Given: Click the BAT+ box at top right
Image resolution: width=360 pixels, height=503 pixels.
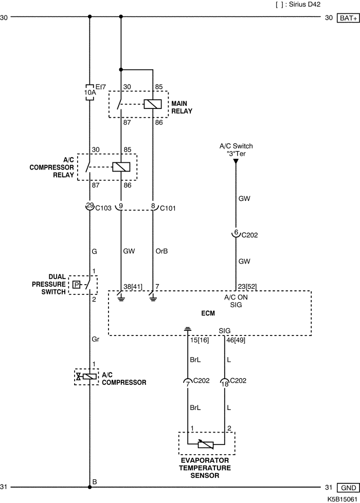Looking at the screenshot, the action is point(348,18).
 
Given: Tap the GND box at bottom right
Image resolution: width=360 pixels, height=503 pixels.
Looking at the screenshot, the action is point(348,488).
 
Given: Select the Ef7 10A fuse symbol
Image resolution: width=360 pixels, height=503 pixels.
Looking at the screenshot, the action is point(89,92).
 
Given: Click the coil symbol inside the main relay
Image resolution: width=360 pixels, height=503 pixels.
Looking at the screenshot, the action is point(153,104).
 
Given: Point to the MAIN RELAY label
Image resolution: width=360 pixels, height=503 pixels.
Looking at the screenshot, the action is point(182,107).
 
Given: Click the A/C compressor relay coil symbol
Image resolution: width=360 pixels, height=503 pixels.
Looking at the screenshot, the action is point(121,167).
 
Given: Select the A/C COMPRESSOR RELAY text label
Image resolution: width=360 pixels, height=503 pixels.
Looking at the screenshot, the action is point(52,167).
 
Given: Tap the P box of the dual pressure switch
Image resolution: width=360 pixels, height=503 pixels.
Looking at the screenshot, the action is point(76,285).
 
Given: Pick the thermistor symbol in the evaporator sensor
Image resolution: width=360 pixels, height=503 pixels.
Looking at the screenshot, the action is point(206,444).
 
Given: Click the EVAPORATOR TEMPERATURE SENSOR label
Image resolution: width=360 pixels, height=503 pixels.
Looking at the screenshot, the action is point(205,468).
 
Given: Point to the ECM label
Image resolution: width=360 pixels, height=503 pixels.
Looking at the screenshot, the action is point(208,313).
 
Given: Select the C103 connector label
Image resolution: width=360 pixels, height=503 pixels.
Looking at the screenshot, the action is point(103,208).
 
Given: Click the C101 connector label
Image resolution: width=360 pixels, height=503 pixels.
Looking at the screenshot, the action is point(168,209).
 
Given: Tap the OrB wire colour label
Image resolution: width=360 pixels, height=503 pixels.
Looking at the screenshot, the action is point(161,251).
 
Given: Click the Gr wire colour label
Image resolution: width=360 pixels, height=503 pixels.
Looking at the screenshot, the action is point(95,339).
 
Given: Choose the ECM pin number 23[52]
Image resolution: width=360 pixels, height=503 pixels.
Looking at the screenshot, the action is point(247,287).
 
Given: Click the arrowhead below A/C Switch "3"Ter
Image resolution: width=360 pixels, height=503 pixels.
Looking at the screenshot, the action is point(236,161).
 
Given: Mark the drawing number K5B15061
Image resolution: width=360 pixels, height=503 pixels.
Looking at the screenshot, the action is point(343,499).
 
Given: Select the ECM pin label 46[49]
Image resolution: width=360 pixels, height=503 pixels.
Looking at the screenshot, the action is point(236,340).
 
